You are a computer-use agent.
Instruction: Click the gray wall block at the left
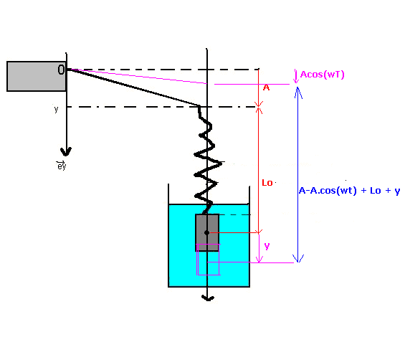(37, 76)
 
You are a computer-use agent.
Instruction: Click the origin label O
(61, 70)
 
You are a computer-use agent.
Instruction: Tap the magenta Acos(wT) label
(323, 75)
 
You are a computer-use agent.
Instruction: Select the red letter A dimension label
(267, 88)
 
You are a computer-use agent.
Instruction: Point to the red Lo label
(267, 183)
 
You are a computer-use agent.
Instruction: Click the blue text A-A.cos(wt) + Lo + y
(350, 191)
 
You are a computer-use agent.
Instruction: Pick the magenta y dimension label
(267, 246)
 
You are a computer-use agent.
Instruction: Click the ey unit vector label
(62, 165)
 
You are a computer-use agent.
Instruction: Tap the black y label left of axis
(57, 109)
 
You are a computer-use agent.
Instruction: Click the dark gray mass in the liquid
(207, 232)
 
